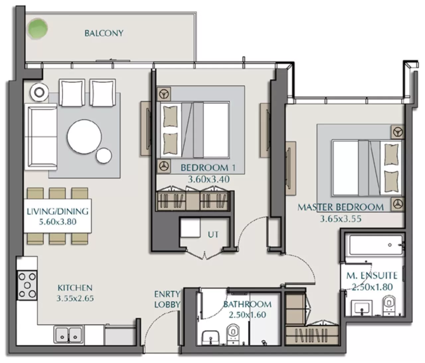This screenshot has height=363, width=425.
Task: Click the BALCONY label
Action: pyautogui.click(x=104, y=33)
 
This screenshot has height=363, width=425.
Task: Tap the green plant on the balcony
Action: pyautogui.click(x=37, y=28)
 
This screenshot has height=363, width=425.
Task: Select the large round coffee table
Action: pyautogui.click(x=84, y=136)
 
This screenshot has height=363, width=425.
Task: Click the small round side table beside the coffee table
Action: pyautogui.click(x=104, y=155)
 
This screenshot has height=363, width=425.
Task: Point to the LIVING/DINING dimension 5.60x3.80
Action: pyautogui.click(x=58, y=222)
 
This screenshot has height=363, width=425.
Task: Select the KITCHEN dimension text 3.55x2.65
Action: pyautogui.click(x=75, y=298)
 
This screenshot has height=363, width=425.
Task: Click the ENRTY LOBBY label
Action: pyautogui.click(x=167, y=299)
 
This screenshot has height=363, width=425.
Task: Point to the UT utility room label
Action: pyautogui.click(x=213, y=234)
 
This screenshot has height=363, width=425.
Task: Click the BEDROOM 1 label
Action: pyautogui.click(x=208, y=168)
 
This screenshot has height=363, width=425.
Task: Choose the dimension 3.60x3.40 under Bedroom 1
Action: pyautogui.click(x=209, y=180)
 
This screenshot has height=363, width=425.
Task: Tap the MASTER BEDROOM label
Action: pyautogui.click(x=340, y=207)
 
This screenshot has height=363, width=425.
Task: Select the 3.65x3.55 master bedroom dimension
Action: pyautogui.click(x=340, y=219)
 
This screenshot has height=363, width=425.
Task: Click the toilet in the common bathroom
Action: pyautogui.click(x=233, y=332)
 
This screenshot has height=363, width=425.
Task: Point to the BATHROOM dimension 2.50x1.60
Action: pyautogui.click(x=247, y=315)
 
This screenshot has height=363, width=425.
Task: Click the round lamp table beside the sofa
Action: pyautogui.click(x=39, y=92)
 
